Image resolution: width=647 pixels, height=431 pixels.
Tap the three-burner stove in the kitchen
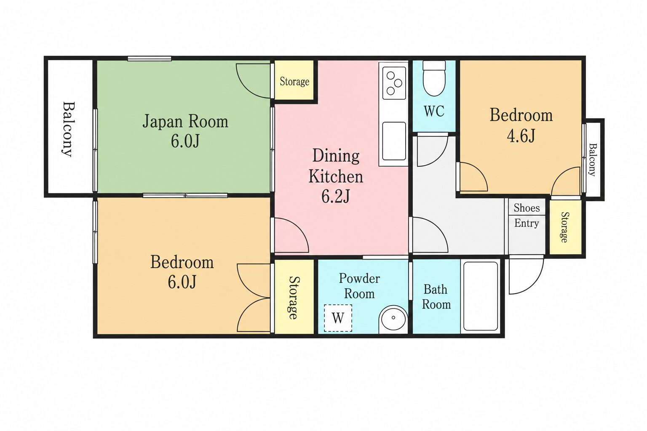(x=394, y=83)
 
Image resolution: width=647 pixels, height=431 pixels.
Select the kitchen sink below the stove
(x=394, y=141)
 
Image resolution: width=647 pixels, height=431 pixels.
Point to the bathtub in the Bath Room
(x=481, y=296)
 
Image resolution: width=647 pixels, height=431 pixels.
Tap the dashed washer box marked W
(x=338, y=318)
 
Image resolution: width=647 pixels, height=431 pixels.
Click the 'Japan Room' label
(x=185, y=121)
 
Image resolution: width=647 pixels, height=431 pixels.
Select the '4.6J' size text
(x=521, y=136)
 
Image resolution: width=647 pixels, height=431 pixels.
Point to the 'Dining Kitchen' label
(x=336, y=166)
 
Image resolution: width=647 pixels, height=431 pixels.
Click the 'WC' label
(x=434, y=111)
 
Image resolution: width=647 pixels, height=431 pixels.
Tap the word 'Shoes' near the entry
(x=527, y=208)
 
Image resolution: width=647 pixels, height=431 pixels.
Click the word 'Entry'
(x=527, y=223)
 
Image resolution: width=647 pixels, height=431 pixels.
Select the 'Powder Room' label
(x=359, y=286)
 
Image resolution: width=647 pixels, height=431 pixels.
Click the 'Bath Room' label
(x=436, y=297)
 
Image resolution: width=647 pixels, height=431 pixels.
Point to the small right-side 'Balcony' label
(x=593, y=160)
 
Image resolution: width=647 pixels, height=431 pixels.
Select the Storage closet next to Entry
(x=565, y=227)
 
